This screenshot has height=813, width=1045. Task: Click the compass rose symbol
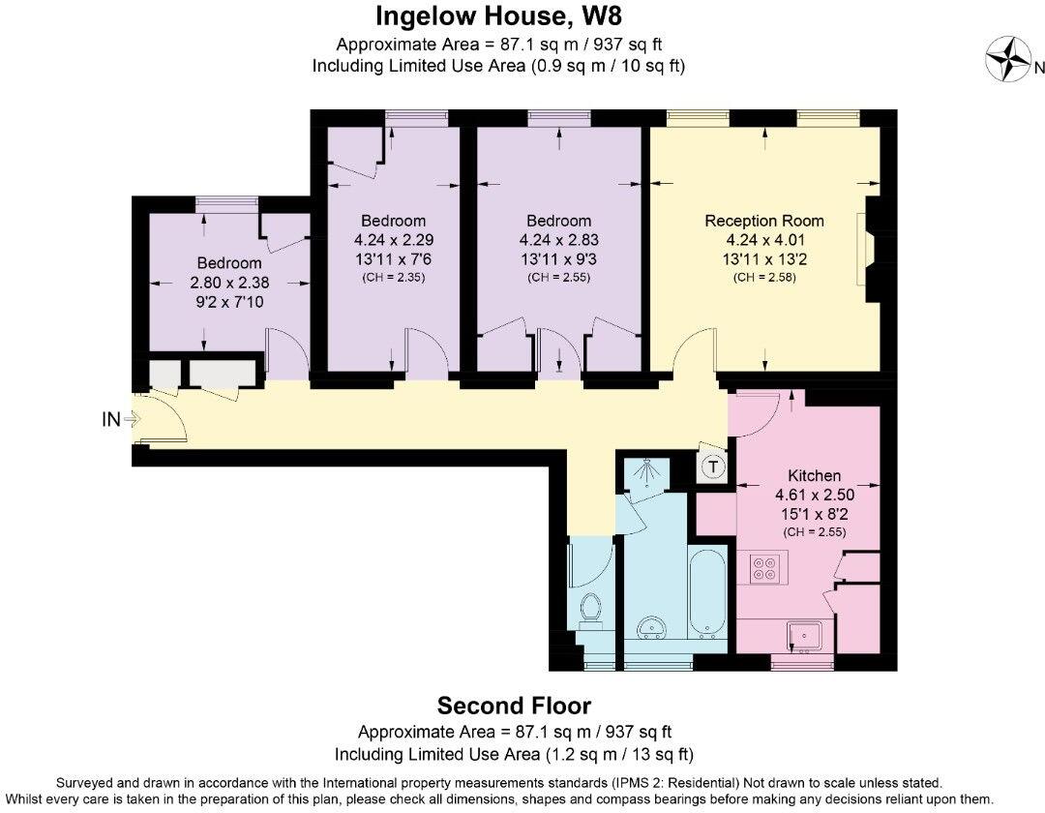coord(1008,59)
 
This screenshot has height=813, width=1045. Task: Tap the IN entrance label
coord(110,419)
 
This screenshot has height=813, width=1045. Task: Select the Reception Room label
coord(764,221)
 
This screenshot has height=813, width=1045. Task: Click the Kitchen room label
coord(814,475)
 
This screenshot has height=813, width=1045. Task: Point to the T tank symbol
coord(713,467)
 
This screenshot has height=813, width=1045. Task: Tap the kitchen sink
coord(805,636)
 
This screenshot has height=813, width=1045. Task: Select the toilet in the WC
coord(590,611)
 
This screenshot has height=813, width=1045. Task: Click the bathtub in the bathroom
coord(707,591)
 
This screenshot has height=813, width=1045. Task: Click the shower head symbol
coord(643,473)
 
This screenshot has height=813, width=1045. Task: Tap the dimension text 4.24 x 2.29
coord(393,240)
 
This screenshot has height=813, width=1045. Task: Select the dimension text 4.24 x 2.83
coord(558,240)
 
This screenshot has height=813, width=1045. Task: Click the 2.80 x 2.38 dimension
coord(229,283)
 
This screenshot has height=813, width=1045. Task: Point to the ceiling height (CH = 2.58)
coord(764,277)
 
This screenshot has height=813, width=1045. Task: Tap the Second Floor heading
coord(514,705)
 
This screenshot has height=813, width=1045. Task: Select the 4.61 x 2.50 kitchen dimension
coord(815,495)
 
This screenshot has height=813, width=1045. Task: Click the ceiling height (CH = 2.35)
coord(393,277)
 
